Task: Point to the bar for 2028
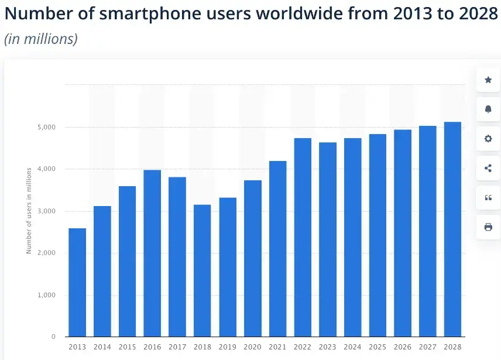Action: pyautogui.click(x=453, y=229)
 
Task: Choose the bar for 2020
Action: pyautogui.click(x=252, y=258)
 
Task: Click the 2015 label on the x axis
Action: pyautogui.click(x=127, y=347)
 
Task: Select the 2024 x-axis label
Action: pyautogui.click(x=353, y=347)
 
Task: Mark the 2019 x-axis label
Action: pyautogui.click(x=228, y=347)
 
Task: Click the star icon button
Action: pyautogui.click(x=488, y=80)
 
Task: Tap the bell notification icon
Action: pyautogui.click(x=488, y=109)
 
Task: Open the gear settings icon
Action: pyautogui.click(x=488, y=139)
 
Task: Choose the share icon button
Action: pyautogui.click(x=488, y=168)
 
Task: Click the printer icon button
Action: pyautogui.click(x=488, y=227)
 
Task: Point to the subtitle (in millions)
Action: pyautogui.click(x=41, y=39)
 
